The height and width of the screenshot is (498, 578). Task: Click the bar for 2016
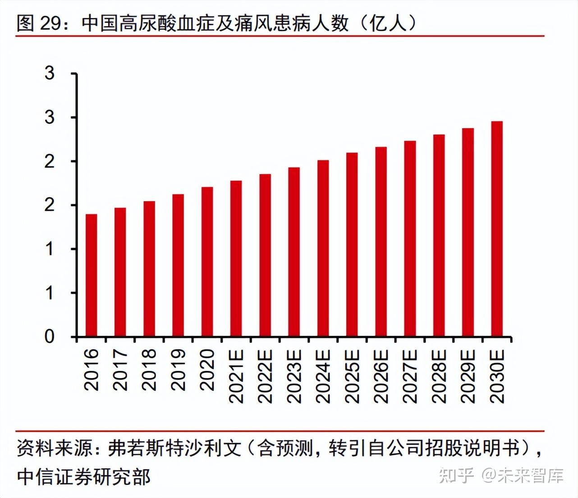tap(92, 276)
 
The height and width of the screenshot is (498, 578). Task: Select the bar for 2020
tap(207, 262)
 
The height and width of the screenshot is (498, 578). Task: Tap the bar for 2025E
tap(352, 245)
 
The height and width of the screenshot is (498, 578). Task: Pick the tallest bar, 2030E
tap(497, 229)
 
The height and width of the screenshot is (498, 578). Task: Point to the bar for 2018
tap(149, 269)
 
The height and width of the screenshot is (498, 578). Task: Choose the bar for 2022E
tap(265, 255)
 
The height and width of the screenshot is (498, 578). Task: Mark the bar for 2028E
tap(439, 236)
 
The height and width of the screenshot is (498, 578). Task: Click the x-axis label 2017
tap(120, 370)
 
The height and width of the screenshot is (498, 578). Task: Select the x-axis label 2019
tap(178, 370)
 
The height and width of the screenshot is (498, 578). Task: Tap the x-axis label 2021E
tap(236, 376)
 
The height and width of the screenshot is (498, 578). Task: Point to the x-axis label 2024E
tap(323, 376)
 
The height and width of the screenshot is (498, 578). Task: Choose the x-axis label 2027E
tap(410, 376)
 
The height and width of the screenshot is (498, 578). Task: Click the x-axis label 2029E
tap(468, 376)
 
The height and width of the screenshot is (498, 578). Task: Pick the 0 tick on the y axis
tap(50, 337)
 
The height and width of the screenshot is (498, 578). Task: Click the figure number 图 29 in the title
tap(39, 23)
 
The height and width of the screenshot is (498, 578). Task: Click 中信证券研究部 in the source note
tap(84, 477)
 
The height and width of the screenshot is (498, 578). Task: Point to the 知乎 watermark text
tap(456, 476)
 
